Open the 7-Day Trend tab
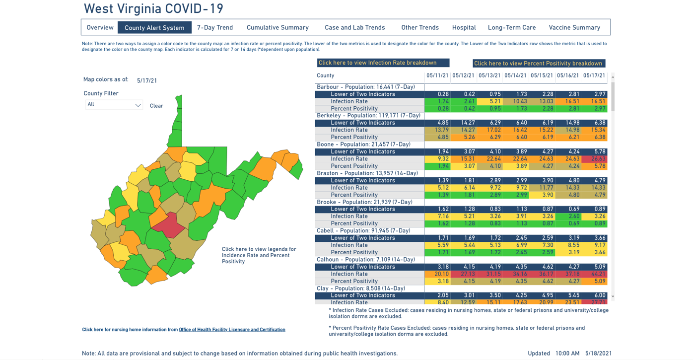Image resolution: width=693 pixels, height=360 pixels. pyautogui.click(x=214, y=28)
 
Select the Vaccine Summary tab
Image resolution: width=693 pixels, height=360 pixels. pyautogui.click(x=574, y=28)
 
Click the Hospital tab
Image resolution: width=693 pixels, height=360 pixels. pyautogui.click(x=464, y=28)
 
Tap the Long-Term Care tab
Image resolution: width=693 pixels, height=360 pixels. pyautogui.click(x=511, y=28)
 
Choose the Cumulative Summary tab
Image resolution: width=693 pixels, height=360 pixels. pyautogui.click(x=277, y=28)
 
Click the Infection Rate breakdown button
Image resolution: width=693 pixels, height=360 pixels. pyautogui.click(x=383, y=63)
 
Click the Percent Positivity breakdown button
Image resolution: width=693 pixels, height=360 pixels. pyautogui.click(x=539, y=64)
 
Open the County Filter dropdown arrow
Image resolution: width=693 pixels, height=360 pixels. pyautogui.click(x=138, y=105)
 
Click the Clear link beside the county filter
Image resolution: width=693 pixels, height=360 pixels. pyautogui.click(x=156, y=106)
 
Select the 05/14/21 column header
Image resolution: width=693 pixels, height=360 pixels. pyautogui.click(x=515, y=76)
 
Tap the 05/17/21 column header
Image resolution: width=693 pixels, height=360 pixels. pyautogui.click(x=594, y=76)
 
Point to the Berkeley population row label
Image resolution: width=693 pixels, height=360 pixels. pyautogui.click(x=368, y=116)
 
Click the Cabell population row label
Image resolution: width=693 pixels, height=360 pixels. pyautogui.click(x=363, y=231)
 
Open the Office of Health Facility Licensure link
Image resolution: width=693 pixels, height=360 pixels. pyautogui.click(x=232, y=330)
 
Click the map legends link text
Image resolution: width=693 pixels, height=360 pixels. pyautogui.click(x=259, y=255)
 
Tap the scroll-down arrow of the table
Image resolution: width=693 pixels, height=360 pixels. pyautogui.click(x=613, y=296)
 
